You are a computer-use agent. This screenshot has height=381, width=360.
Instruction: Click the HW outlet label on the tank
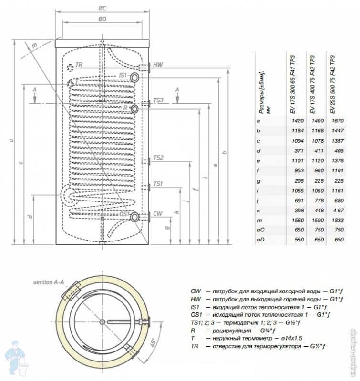tap(158, 65)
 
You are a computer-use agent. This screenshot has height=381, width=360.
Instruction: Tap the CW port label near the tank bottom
tap(158, 215)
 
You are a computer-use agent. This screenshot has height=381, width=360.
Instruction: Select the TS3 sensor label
tap(159, 101)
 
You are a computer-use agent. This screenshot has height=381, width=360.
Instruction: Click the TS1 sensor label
tap(159, 184)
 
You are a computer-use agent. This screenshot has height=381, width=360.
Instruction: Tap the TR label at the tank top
tap(79, 66)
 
